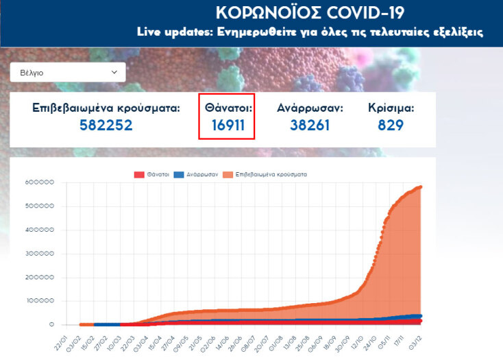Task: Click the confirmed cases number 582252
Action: [x=106, y=125]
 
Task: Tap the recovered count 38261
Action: [x=310, y=125]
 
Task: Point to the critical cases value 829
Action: [x=391, y=125]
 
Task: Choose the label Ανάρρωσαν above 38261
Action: [x=310, y=108]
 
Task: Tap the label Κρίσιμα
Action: [x=391, y=108]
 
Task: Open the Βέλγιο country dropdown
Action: [x=68, y=72]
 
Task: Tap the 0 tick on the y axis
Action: [x=51, y=325]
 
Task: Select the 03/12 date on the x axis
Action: [x=415, y=341]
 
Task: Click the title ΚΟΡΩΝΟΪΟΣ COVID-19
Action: [x=310, y=13]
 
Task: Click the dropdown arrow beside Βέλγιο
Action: [x=114, y=72]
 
